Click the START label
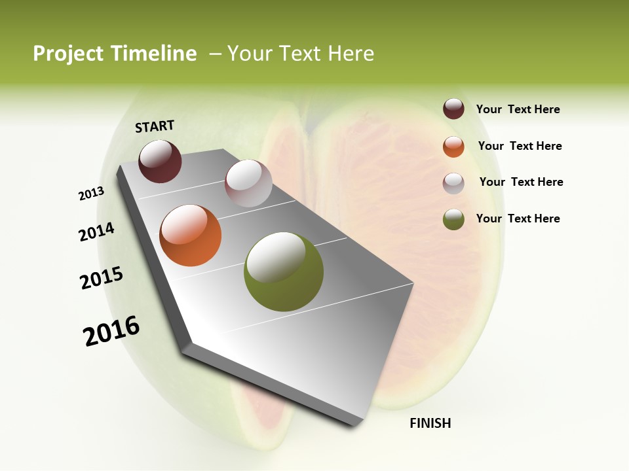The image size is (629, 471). [x=155, y=126]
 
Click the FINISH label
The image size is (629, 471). [x=430, y=423]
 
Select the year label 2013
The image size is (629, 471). [x=92, y=194]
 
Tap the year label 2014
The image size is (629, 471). [x=96, y=232]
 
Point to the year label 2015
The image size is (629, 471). [x=102, y=278]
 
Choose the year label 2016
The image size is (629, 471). [x=111, y=331]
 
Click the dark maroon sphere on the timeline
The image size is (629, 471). [x=160, y=162]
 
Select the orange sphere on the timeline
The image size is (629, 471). [x=190, y=235]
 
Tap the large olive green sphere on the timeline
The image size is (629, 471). [x=283, y=271]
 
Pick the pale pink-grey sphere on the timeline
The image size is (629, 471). [x=248, y=183]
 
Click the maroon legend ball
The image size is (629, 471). [x=453, y=109]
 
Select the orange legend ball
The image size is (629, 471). [x=453, y=147]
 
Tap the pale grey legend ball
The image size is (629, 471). [x=453, y=183]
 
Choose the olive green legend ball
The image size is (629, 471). [x=453, y=219]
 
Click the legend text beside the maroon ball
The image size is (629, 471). [x=518, y=109]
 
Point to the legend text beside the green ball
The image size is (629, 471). [x=518, y=218]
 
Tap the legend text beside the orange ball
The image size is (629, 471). [x=520, y=146]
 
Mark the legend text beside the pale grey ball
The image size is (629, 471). [x=521, y=182]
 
